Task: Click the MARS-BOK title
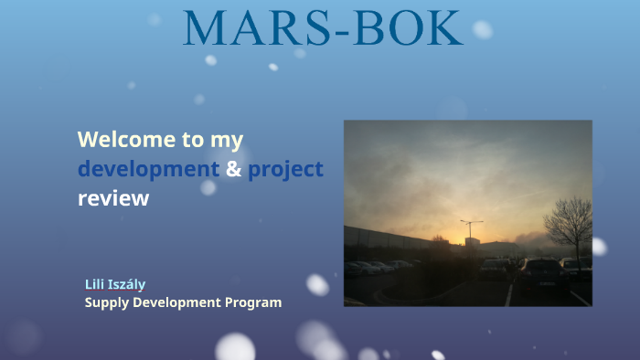(x=323, y=27)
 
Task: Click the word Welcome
(x=126, y=140)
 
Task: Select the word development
(x=148, y=169)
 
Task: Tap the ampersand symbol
(x=233, y=169)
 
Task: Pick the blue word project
(x=285, y=170)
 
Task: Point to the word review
(x=113, y=198)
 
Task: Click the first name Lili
(x=94, y=284)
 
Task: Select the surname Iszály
(x=126, y=284)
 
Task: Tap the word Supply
(x=107, y=303)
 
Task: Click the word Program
(x=253, y=303)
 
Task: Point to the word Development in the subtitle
(x=176, y=302)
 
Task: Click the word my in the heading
(x=227, y=141)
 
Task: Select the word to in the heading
(x=193, y=140)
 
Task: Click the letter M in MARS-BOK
(x=205, y=27)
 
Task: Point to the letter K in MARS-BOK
(x=444, y=27)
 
